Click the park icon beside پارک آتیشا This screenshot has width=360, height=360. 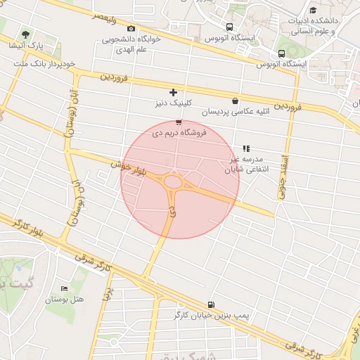click(26, 34)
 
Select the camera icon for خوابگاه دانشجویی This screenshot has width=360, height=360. click(131, 29)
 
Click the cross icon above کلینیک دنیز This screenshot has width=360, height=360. click(173, 92)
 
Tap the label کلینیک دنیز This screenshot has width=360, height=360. click(174, 103)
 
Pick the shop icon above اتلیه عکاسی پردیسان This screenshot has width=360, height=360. click(235, 101)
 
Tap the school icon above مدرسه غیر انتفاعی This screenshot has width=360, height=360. click(246, 148)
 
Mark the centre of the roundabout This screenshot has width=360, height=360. click(174, 183)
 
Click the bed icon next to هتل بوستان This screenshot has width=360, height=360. click(65, 288)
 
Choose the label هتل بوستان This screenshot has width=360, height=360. click(65, 300)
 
